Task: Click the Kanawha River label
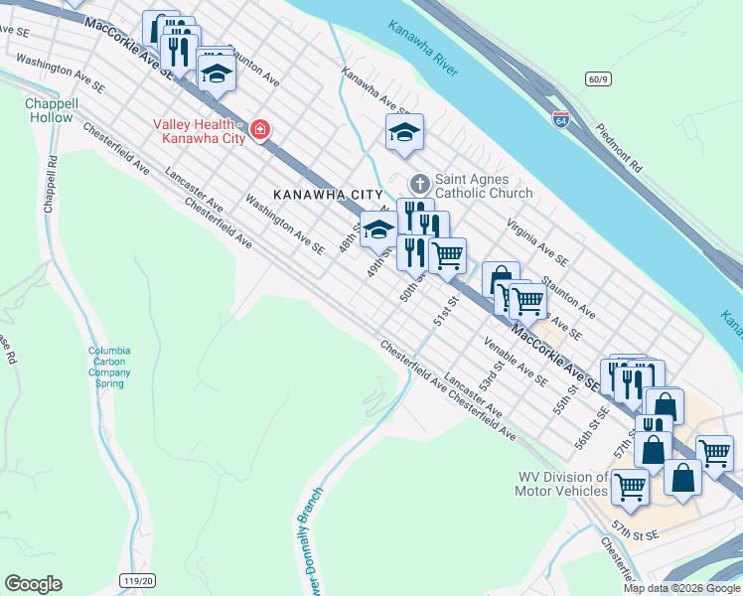423,50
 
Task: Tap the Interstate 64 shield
561,118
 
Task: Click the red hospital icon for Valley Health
260,130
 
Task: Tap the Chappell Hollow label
50,110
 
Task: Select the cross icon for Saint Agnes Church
419,184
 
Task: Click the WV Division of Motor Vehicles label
561,484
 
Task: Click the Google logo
33,583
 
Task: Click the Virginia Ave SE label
537,243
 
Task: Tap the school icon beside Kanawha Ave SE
404,132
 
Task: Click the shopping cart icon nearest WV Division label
630,487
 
